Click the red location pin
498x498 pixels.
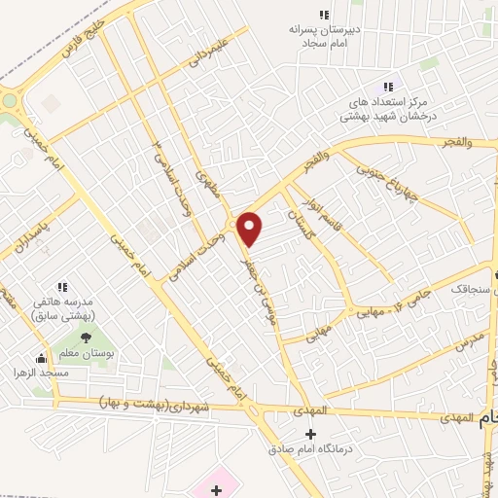[x=250, y=228]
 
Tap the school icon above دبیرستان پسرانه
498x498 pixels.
[x=324, y=15]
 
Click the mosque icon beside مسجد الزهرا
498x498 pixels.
[x=39, y=358]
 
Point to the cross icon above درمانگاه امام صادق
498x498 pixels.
[x=310, y=433]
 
